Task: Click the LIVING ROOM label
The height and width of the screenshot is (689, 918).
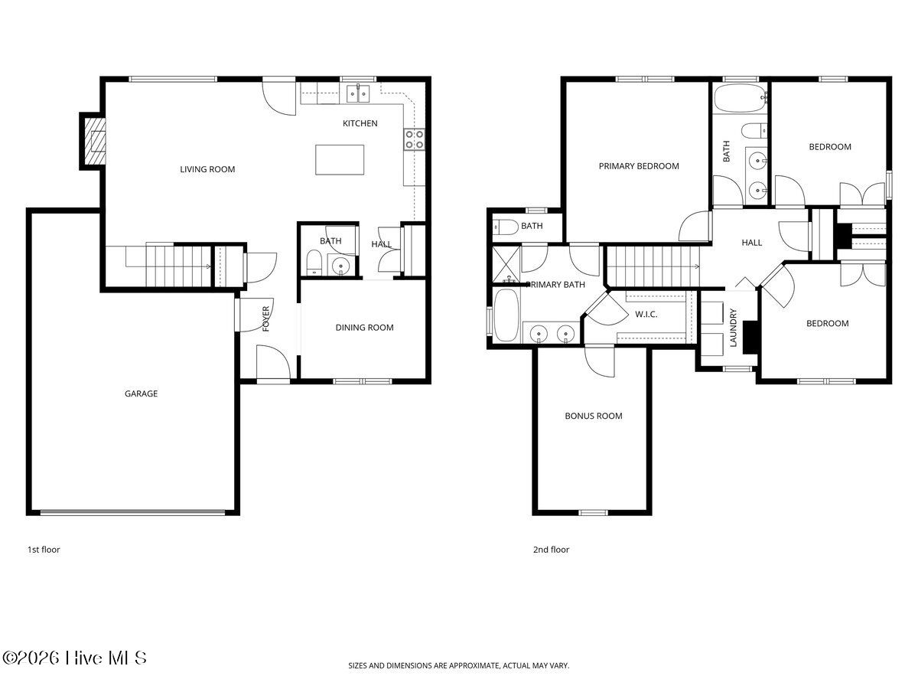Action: click(207, 169)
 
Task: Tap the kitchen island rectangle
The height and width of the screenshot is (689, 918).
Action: click(340, 159)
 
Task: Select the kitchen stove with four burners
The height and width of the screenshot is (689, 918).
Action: click(414, 140)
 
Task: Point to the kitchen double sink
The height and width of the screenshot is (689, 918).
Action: click(359, 93)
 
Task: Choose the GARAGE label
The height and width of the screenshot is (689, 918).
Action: click(141, 393)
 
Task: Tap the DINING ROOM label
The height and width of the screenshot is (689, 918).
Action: click(364, 328)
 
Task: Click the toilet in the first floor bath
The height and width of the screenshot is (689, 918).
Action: click(313, 263)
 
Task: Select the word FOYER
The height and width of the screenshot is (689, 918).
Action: click(266, 318)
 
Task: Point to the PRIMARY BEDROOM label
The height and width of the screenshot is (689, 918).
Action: click(639, 166)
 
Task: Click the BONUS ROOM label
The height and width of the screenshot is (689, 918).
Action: click(594, 416)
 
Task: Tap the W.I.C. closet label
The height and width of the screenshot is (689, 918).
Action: click(646, 314)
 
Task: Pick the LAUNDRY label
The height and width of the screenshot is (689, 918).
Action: click(733, 328)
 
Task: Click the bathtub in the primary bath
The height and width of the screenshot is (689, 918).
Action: click(506, 315)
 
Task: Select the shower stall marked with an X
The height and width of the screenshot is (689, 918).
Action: click(506, 264)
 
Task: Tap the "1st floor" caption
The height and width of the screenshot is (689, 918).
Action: click(44, 549)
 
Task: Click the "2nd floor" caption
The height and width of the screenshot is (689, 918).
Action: click(551, 549)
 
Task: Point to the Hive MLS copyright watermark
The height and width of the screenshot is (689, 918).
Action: click(74, 658)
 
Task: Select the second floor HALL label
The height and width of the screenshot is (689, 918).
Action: click(751, 243)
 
